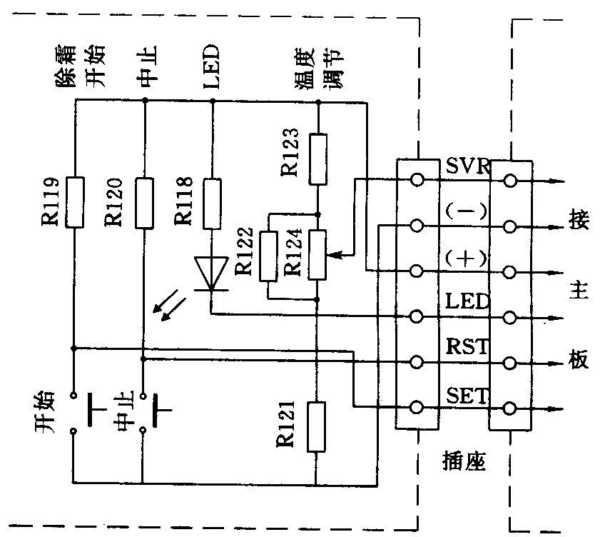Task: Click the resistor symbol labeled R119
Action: click(x=73, y=202)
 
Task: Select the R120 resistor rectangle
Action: click(x=144, y=202)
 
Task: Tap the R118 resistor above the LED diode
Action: click(x=212, y=204)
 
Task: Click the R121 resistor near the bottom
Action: click(x=317, y=426)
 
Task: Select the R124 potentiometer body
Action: click(x=317, y=254)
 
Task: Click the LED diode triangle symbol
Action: click(x=212, y=276)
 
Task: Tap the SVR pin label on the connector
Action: click(x=467, y=166)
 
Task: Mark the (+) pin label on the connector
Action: click(x=467, y=259)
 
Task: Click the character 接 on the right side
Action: click(x=579, y=220)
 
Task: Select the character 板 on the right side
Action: click(x=579, y=360)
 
